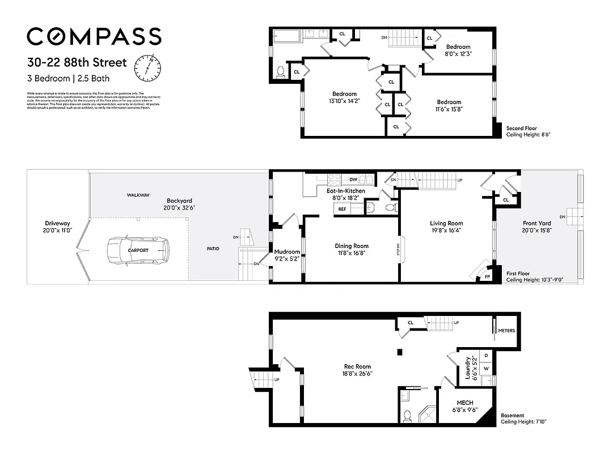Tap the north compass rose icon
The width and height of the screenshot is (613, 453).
pos(147,67)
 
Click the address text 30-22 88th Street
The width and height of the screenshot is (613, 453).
pos(77,62)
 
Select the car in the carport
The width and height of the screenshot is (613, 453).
pos(138,250)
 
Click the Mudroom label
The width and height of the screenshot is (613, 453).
pos(287,251)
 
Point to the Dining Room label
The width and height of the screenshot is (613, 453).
pos(352,246)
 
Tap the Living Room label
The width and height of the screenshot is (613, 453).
pos(446,223)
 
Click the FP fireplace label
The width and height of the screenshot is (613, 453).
pos(487,276)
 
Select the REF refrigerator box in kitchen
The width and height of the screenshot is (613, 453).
pos(343,209)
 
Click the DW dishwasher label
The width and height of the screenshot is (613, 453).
pos(353,180)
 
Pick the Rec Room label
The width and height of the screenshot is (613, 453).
pos(357,366)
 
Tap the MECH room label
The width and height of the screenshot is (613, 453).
pos(464,403)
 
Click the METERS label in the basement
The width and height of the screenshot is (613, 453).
pos(506,330)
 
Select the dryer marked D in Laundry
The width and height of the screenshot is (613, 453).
pos(486,356)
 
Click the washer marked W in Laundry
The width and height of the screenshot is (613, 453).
pos(486,368)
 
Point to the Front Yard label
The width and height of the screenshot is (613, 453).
pos(536,223)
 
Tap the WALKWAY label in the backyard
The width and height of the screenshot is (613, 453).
pos(138,195)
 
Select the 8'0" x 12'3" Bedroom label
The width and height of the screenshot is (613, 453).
pos(458,47)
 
